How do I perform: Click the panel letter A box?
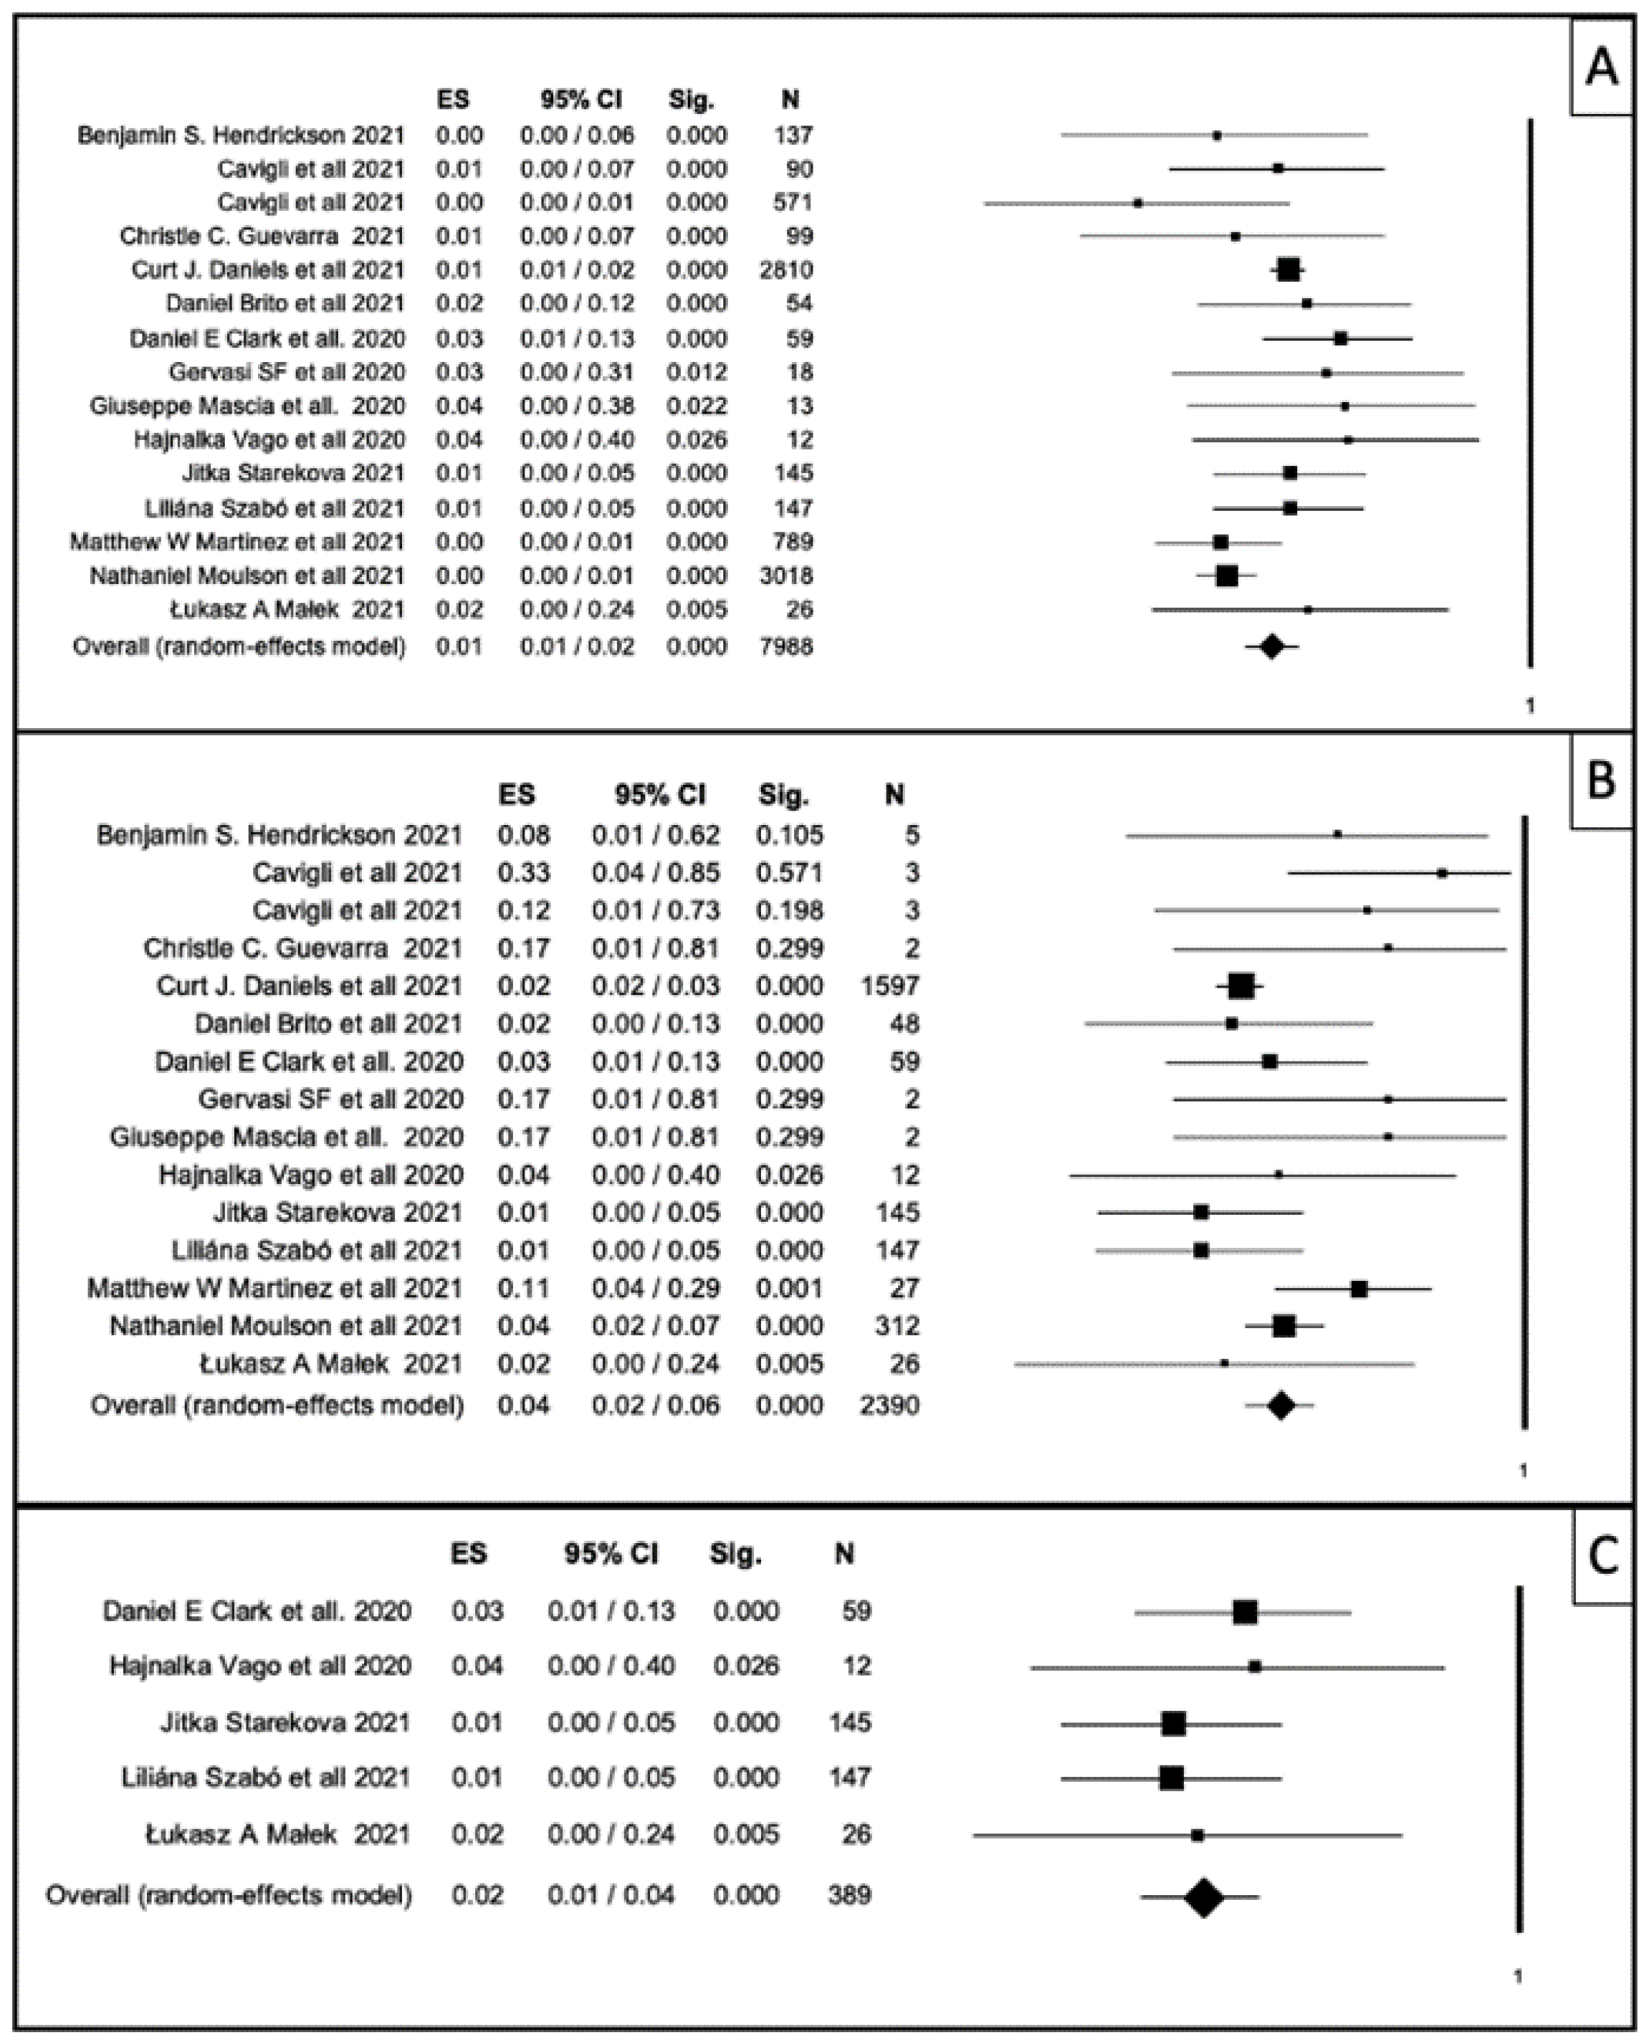(x=1602, y=67)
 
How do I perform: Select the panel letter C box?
(x=1603, y=1557)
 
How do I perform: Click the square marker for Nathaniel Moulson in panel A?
(x=1226, y=576)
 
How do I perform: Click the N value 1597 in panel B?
(x=889, y=986)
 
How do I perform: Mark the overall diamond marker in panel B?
(x=1281, y=1405)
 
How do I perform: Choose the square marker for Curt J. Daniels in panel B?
(x=1241, y=986)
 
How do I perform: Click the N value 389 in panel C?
(x=849, y=1895)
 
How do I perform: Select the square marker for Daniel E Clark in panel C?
(x=1244, y=1612)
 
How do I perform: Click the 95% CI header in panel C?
(x=611, y=1554)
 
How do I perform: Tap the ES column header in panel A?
(x=453, y=99)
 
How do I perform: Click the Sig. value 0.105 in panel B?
(x=789, y=835)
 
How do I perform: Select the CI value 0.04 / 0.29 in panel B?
(x=656, y=1289)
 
